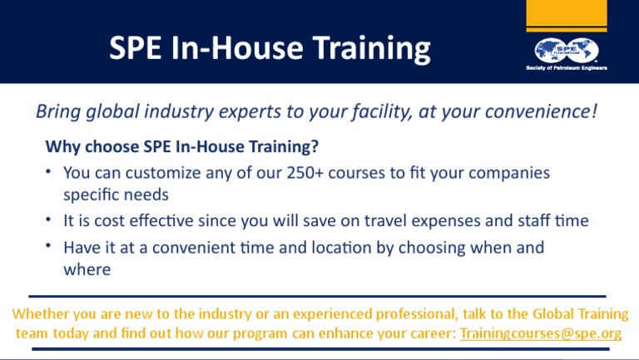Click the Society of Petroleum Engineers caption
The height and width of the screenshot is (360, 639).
567,67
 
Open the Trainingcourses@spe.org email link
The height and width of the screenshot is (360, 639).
541,333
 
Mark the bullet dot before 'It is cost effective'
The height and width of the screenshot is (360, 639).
50,220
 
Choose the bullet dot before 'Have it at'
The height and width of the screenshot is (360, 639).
50,247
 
